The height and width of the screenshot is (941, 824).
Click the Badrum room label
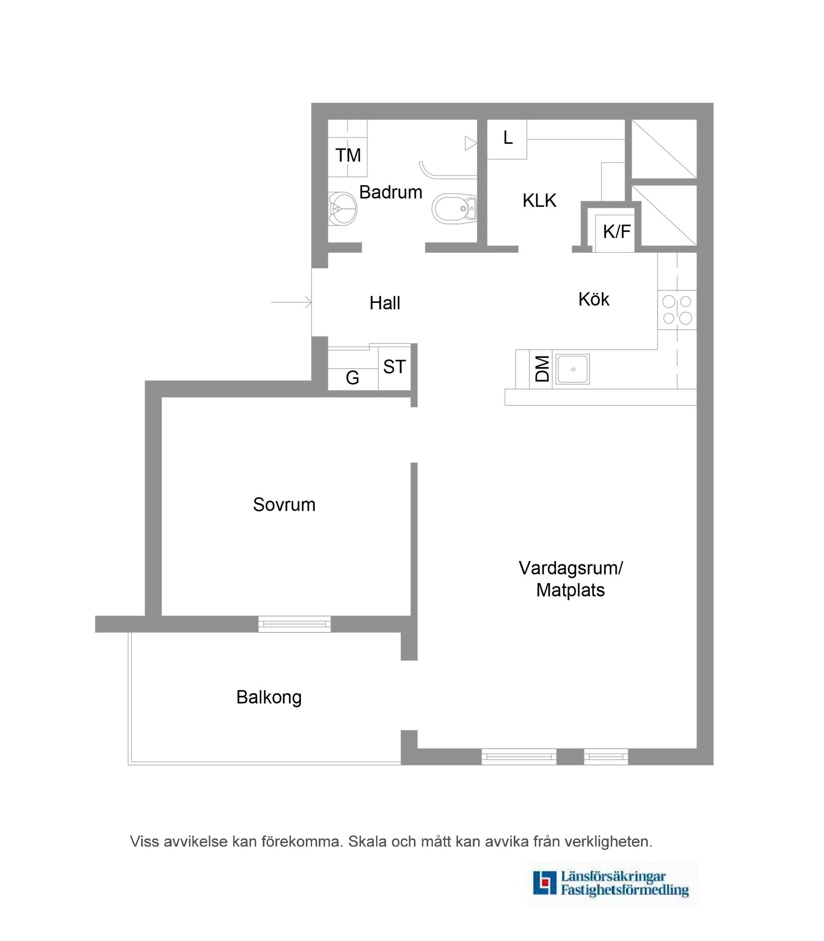point(391,192)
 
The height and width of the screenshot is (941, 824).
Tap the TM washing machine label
point(348,155)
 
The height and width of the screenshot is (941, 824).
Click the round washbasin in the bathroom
point(343,209)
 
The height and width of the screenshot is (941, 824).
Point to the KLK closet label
point(539,200)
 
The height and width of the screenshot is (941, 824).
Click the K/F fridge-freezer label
point(616,232)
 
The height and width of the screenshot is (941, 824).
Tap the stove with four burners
point(677,310)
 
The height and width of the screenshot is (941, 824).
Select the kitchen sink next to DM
point(573,369)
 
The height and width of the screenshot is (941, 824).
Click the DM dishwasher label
point(542,369)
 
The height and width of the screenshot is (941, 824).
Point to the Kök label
point(594,299)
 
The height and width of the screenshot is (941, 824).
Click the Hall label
point(385,303)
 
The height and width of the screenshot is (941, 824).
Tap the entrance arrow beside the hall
point(291,302)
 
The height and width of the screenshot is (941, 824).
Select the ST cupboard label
point(394,367)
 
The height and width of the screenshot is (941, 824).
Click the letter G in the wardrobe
point(352,378)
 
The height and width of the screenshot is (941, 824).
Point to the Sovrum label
point(284,504)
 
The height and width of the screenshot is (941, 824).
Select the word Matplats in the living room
point(570,590)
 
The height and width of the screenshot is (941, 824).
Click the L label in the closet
point(508,137)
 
